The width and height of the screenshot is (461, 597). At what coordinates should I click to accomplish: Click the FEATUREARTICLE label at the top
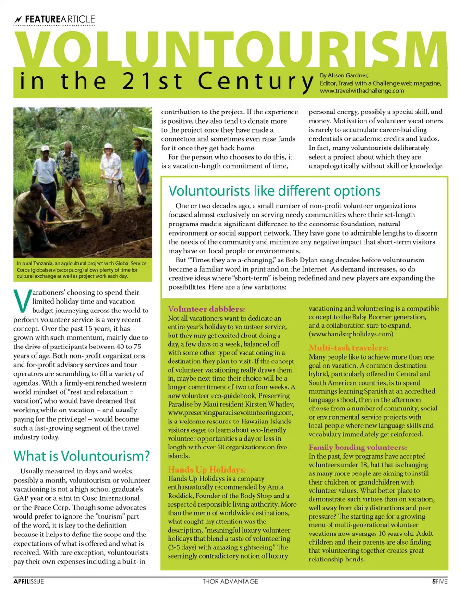60,19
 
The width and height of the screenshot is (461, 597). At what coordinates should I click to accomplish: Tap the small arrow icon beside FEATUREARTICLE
18,20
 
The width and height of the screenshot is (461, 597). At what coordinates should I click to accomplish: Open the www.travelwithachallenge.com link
362,91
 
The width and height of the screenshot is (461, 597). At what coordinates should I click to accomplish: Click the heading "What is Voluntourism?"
82,456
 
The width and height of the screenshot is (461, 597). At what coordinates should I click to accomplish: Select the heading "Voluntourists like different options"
274,191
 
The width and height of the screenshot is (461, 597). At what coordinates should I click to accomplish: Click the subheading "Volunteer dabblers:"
206,309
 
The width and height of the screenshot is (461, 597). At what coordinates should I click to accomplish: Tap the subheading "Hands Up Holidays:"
206,470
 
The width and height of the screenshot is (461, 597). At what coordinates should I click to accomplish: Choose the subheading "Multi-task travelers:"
349,348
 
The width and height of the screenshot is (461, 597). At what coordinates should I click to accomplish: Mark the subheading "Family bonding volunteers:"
358,447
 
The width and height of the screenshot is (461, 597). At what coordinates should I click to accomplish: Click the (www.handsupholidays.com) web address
351,334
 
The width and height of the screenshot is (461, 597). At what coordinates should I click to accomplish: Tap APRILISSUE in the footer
29,581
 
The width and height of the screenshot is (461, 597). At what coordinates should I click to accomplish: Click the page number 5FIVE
439,581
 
